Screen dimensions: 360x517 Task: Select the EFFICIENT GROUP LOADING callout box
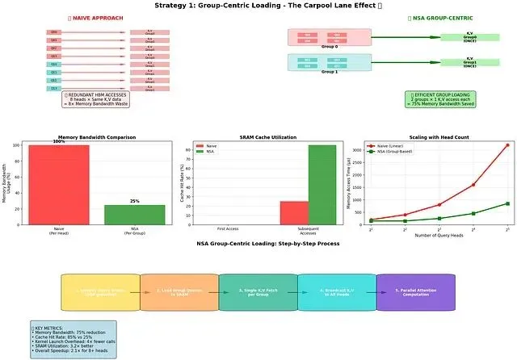pos(441,98)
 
